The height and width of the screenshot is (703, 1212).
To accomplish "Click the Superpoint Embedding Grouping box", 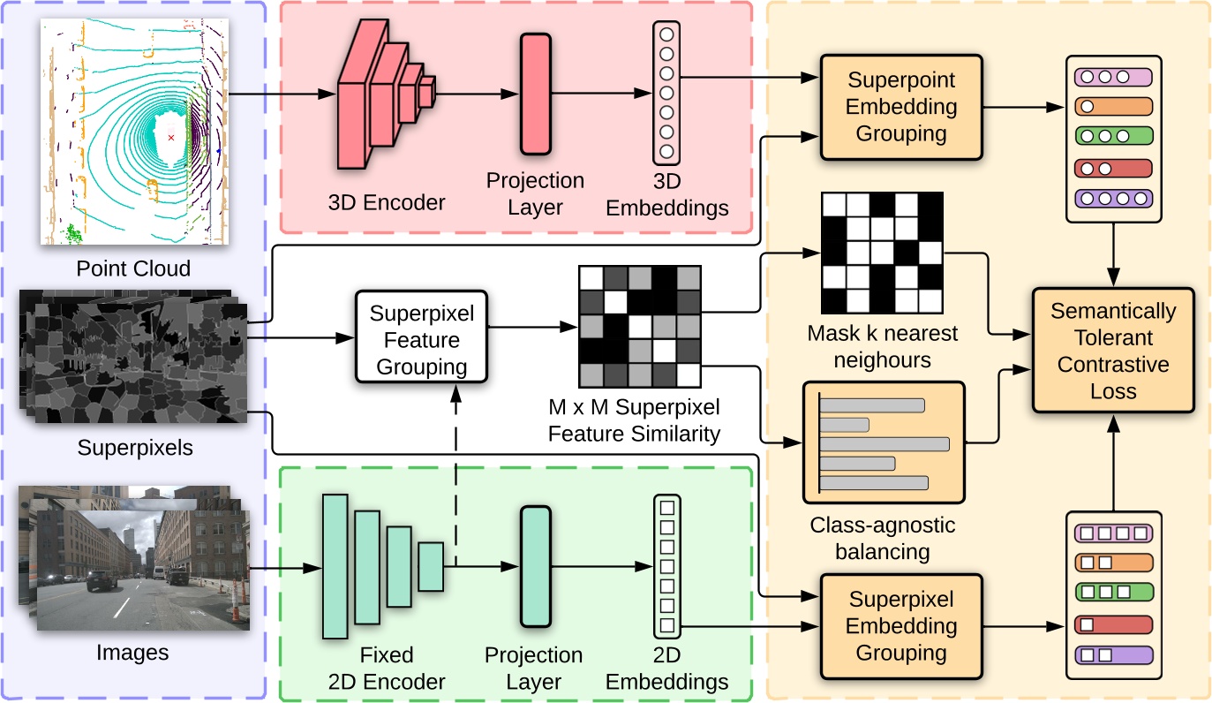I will click(901, 107).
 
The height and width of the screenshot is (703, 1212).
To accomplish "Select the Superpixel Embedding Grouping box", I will click(901, 626).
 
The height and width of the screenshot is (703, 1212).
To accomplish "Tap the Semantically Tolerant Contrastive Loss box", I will click(1113, 351).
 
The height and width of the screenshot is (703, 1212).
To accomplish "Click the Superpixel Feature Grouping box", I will click(421, 340).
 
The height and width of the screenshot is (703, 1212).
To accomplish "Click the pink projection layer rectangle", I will click(535, 94).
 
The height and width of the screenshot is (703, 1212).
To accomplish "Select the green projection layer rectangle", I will click(535, 567).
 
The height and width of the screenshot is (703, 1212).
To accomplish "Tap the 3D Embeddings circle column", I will click(666, 93).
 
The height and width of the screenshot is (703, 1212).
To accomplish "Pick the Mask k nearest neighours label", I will click(869, 346).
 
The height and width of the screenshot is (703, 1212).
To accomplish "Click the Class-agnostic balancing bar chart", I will click(885, 442).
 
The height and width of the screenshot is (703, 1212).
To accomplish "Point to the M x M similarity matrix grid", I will click(639, 327).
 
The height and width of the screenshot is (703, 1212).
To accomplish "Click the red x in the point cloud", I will click(171, 138).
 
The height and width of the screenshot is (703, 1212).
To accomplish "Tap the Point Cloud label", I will click(133, 268).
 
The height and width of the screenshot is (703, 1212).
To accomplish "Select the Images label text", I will click(132, 653).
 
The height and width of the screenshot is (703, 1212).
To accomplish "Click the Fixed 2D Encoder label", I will click(387, 669).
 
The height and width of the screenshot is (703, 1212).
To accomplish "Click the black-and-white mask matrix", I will click(882, 253).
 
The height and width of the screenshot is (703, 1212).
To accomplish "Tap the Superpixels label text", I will click(135, 448).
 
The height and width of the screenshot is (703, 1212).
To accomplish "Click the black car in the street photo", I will click(102, 580).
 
